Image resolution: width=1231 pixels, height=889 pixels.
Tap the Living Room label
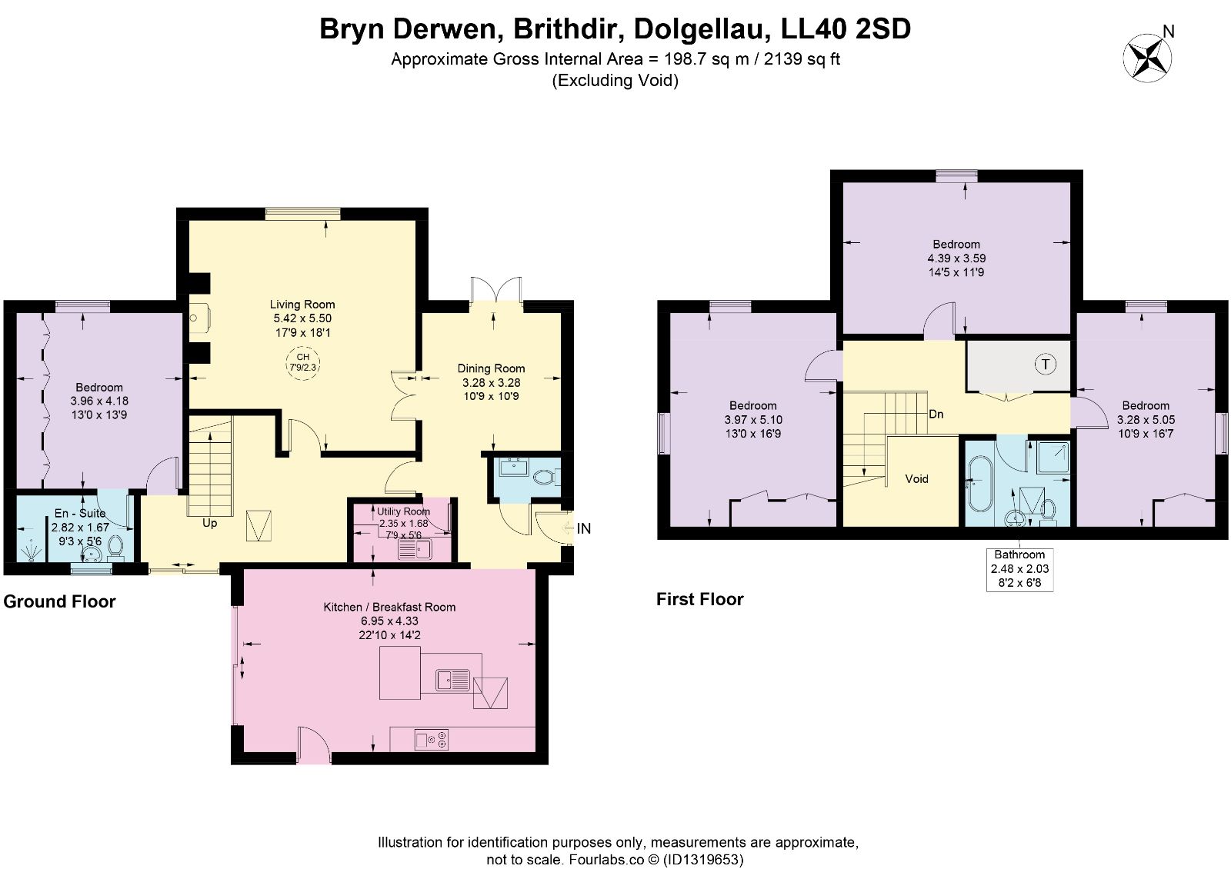tap(302, 305)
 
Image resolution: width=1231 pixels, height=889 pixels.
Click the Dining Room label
tap(492, 368)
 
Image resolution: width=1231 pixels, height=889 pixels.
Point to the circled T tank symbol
tap(1046, 364)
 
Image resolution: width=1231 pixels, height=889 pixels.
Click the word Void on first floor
tap(916, 478)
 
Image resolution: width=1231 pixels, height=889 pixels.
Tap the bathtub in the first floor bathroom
tap(979, 484)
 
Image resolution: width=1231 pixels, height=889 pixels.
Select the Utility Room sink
tap(415, 549)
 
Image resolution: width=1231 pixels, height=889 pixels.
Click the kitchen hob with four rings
tap(432, 740)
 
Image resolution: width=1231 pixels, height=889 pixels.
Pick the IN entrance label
tap(584, 528)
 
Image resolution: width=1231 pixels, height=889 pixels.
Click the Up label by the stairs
tap(209, 523)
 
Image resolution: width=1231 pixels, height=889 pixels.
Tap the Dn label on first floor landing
tap(936, 415)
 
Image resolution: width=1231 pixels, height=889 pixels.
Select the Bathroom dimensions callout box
tap(1019, 569)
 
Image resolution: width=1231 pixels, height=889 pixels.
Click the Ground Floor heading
tap(59, 601)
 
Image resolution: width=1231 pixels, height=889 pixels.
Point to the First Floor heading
tap(699, 599)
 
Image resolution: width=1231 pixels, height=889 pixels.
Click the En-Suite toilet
tap(115, 548)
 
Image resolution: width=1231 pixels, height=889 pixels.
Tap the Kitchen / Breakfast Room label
tap(389, 607)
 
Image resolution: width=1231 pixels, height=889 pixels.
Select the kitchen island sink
tap(453, 680)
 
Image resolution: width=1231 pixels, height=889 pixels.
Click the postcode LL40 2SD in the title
tap(846, 29)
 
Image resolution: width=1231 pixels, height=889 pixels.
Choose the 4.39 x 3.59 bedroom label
tap(956, 258)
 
